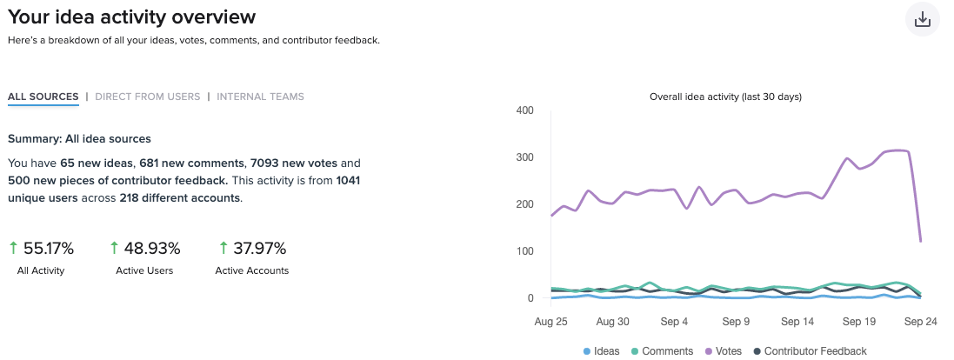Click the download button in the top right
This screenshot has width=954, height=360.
click(x=923, y=19)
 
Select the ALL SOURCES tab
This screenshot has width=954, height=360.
click(x=43, y=97)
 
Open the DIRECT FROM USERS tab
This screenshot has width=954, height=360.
click(x=147, y=97)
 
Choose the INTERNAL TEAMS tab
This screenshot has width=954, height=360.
click(x=260, y=97)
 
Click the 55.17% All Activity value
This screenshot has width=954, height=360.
click(x=48, y=249)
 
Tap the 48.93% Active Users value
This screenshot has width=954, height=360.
click(x=152, y=249)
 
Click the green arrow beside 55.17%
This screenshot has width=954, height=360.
click(x=13, y=249)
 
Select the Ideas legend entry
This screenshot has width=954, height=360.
click(x=601, y=351)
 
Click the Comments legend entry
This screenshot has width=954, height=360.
click(x=662, y=351)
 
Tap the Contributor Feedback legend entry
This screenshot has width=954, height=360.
click(x=810, y=351)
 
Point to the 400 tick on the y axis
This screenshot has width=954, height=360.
click(x=524, y=110)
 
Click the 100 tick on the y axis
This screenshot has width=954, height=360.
click(x=524, y=251)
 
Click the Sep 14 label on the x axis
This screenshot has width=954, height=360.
click(x=797, y=321)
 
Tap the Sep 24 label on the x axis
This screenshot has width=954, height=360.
click(x=920, y=321)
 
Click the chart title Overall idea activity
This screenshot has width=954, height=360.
click(x=725, y=97)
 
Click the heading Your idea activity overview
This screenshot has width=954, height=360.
click(x=132, y=17)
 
